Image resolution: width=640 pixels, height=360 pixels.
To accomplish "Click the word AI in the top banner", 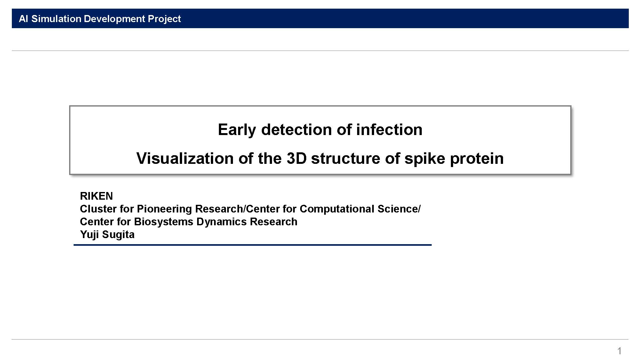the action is [x=23, y=19].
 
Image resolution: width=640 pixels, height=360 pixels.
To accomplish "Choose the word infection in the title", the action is [x=389, y=130].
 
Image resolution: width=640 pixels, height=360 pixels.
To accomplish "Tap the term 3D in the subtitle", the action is [x=297, y=158].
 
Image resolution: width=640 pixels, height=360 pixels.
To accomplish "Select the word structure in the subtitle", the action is [x=345, y=158].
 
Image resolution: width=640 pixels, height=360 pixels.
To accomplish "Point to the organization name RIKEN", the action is [x=96, y=196].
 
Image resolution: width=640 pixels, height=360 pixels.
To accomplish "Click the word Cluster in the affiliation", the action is [x=98, y=209].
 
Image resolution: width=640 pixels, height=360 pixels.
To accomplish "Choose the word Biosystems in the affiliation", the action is [x=164, y=222].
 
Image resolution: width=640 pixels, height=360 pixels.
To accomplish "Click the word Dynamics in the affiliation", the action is [x=221, y=222].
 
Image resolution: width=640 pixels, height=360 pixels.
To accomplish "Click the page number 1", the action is [x=620, y=351].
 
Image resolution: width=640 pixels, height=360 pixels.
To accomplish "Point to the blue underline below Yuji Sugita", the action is [x=252, y=245].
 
